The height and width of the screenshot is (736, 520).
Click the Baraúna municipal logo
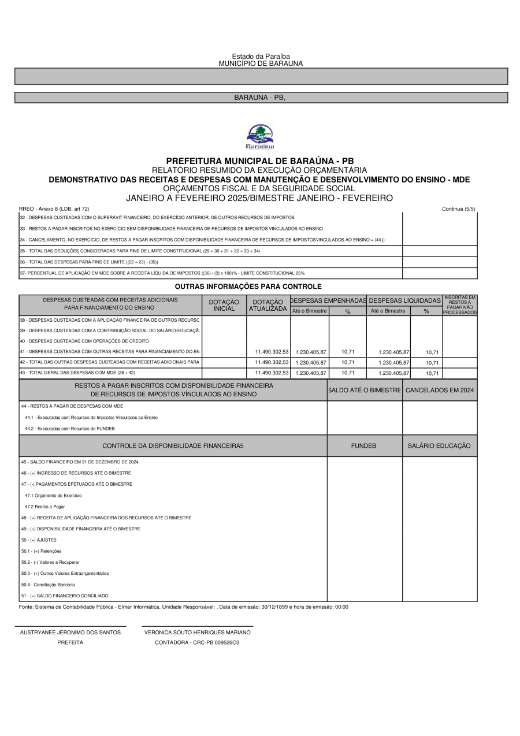(260, 137)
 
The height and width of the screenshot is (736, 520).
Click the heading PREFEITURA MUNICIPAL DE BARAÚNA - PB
(260, 161)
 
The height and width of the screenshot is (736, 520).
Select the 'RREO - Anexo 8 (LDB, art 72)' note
(54, 209)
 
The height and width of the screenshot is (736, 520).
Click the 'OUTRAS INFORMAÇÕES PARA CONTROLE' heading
(248, 287)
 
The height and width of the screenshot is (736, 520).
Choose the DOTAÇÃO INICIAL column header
(224, 305)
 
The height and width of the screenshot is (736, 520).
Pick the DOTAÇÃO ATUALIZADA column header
(268, 305)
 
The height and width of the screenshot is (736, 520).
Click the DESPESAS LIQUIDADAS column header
(404, 300)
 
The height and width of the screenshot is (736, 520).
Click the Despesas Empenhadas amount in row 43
(311, 373)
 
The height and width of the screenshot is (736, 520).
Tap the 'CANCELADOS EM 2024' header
(440, 390)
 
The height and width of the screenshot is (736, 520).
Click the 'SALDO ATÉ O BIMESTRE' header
(365, 390)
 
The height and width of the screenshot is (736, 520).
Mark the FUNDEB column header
(364, 446)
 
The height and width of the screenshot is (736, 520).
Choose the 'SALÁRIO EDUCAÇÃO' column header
(439, 446)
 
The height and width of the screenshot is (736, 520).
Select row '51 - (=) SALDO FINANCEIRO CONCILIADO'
(65, 596)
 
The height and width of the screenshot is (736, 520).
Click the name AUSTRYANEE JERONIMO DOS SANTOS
(70, 633)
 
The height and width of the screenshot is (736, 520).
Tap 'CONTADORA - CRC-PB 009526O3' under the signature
(197, 642)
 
